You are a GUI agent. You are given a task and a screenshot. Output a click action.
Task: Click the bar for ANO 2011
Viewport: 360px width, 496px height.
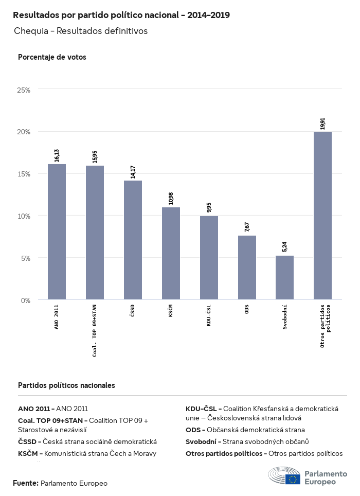(x=57, y=232)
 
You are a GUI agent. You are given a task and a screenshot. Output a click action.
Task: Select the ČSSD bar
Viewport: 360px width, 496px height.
(x=133, y=240)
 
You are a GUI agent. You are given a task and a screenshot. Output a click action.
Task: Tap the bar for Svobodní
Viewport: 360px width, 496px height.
(x=284, y=277)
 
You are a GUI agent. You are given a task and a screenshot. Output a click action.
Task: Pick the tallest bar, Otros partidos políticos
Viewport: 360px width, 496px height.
(x=322, y=216)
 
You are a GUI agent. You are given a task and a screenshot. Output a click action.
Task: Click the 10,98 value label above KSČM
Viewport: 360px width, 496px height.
(x=171, y=199)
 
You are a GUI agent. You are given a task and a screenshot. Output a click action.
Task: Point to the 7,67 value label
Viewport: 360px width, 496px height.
(x=247, y=227)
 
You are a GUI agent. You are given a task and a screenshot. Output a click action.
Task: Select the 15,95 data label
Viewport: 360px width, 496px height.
(x=95, y=157)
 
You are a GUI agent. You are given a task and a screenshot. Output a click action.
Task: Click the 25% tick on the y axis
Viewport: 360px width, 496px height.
(x=24, y=90)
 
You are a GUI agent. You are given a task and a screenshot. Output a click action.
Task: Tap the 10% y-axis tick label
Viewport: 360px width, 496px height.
(x=24, y=216)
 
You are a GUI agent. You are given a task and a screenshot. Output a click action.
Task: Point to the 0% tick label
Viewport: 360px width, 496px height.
(x=26, y=300)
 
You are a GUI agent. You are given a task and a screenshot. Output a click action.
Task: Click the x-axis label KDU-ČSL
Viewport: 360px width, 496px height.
(x=209, y=319)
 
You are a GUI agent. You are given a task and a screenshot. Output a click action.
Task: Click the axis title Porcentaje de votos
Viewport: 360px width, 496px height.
(x=52, y=57)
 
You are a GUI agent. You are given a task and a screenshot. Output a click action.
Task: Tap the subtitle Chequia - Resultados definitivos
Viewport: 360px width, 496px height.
(x=81, y=31)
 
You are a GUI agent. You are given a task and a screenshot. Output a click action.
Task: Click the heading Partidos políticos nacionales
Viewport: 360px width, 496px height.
(x=66, y=385)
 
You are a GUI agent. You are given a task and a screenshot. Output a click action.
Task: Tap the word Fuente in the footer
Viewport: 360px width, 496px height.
(x=25, y=483)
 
